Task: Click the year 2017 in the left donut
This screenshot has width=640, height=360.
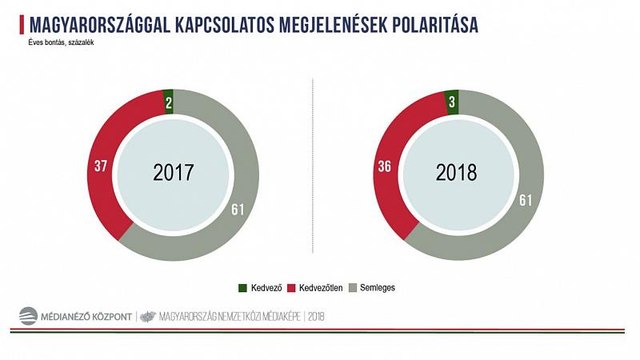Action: [x=173, y=171]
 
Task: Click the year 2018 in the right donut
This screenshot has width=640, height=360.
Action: [x=457, y=171]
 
